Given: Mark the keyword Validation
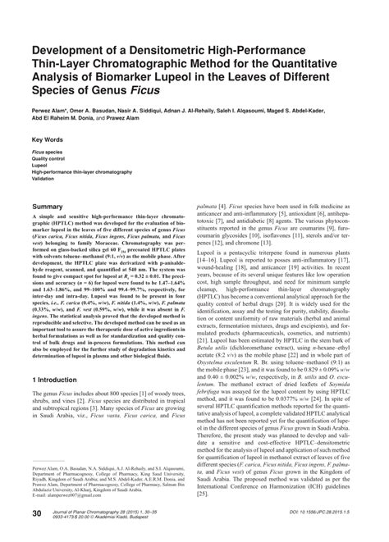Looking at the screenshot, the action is [x=43, y=181].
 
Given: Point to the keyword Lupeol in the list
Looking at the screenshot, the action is [x=40, y=166].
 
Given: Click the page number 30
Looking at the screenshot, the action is [x=37, y=513].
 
